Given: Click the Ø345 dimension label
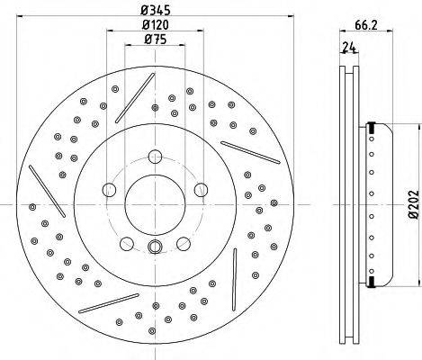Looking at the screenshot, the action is point(156,10).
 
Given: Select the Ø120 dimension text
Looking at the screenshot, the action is point(156,24).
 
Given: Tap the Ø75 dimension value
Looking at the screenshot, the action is point(155,39).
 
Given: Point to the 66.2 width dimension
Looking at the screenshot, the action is point(366,25).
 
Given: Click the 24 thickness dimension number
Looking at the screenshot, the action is point(349,48).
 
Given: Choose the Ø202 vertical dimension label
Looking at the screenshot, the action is point(413,203).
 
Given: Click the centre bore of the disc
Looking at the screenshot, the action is point(155,204).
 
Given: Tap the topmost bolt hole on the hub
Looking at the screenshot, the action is point(155,157).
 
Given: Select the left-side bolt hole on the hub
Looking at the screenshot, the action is point(109,190).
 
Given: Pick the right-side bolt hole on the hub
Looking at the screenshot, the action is point(201,190).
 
